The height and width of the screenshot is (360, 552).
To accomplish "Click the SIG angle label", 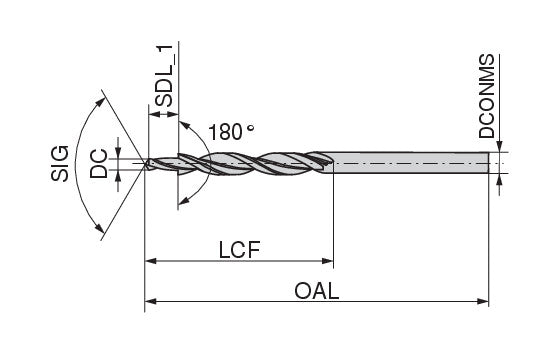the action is pos(60,163).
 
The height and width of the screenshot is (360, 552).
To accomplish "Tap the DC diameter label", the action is pos(99,164).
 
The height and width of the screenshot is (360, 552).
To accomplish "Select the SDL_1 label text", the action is pos(164,76).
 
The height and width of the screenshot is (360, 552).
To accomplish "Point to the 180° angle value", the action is pos(231,132).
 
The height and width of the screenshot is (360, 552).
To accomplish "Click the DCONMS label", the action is pos(487,96).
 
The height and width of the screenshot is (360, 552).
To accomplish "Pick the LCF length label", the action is pos(239,250).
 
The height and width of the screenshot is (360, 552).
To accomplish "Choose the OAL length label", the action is pos(316,291).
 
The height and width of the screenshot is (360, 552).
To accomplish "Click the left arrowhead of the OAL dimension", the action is pos(151,301).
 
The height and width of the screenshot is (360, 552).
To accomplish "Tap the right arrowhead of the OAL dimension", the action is pos(483,301).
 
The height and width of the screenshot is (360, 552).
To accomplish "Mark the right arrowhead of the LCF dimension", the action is pos(327,261).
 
